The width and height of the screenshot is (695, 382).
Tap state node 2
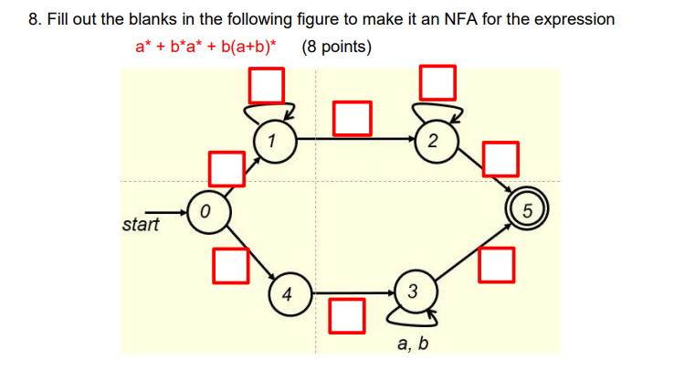(x=432, y=141)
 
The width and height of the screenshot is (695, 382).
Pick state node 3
(x=412, y=292)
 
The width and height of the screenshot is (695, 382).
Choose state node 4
(x=288, y=294)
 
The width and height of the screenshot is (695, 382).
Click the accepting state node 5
(x=527, y=211)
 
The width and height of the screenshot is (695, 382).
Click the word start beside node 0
(x=140, y=224)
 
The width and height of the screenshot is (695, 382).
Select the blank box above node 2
(x=437, y=82)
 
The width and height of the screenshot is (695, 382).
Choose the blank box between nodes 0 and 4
(x=230, y=264)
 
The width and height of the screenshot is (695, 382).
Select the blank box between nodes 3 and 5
(x=495, y=264)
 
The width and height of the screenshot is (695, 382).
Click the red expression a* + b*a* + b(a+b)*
(x=206, y=47)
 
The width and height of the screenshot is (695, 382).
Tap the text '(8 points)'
(x=336, y=47)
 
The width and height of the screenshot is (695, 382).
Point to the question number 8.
(x=34, y=19)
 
